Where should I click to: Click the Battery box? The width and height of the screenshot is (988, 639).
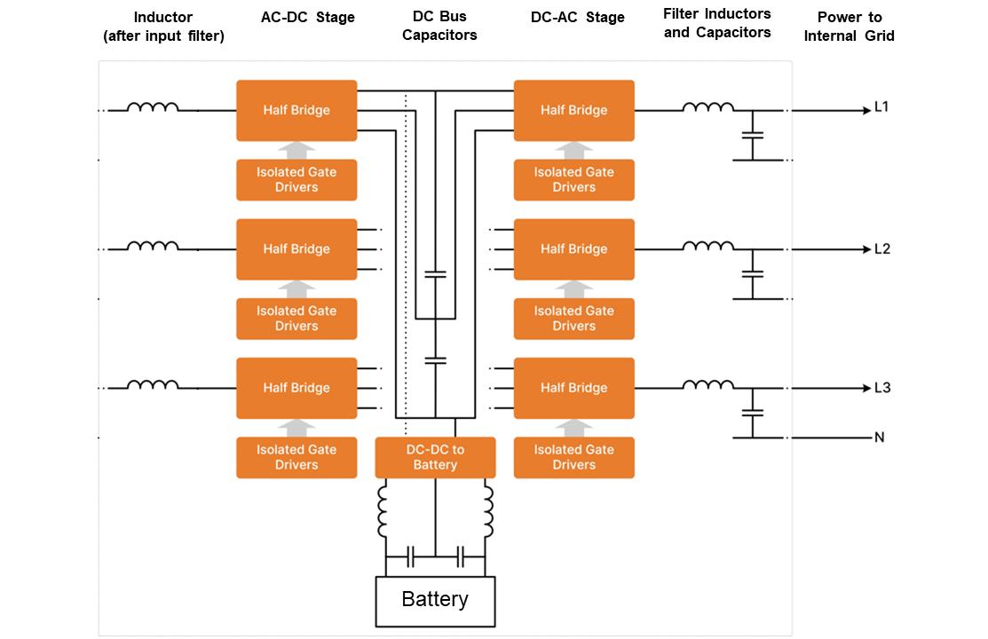pyautogui.click(x=435, y=601)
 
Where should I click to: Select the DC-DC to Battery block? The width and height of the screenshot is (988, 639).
pyautogui.click(x=435, y=457)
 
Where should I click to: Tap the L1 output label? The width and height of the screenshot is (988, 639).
pyautogui.click(x=881, y=107)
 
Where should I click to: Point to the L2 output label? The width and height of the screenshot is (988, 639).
pyautogui.click(x=881, y=249)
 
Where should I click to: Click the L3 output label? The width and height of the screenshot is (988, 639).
pyautogui.click(x=881, y=388)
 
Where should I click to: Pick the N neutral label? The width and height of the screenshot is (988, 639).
pyautogui.click(x=879, y=438)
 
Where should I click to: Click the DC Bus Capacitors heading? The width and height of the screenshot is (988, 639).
pyautogui.click(x=439, y=26)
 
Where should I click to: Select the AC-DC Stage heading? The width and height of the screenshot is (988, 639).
pyautogui.click(x=307, y=18)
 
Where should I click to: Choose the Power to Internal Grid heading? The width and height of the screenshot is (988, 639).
pyautogui.click(x=849, y=26)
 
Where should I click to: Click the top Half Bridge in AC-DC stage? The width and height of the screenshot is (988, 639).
pyautogui.click(x=296, y=110)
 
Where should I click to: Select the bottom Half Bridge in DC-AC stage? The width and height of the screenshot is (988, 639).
pyautogui.click(x=574, y=388)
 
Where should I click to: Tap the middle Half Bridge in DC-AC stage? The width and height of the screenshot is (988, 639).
pyautogui.click(x=574, y=249)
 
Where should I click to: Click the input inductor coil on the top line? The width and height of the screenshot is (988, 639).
pyautogui.click(x=153, y=107)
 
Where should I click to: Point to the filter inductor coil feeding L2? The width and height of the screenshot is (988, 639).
pyautogui.click(x=707, y=246)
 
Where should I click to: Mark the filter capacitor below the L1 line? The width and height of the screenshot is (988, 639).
pyautogui.click(x=752, y=135)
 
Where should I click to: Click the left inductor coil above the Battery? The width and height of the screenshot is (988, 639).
pyautogui.click(x=383, y=511)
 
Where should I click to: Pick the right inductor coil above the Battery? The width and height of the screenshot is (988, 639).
pyautogui.click(x=486, y=511)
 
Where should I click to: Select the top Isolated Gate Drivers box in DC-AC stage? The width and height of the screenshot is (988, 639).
pyautogui.click(x=574, y=179)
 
